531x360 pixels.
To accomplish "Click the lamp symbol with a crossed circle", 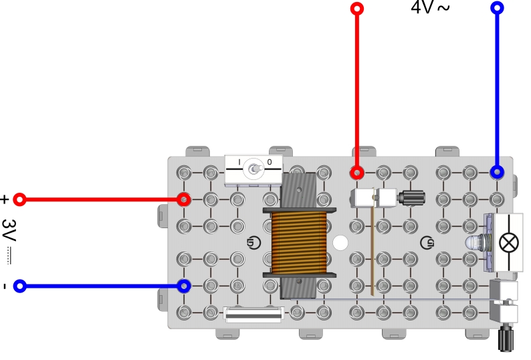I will [509, 242].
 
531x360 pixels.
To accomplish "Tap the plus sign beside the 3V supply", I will [5, 199].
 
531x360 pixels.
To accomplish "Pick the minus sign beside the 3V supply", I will [5, 286].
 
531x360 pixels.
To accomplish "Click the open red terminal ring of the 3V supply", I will [20, 199].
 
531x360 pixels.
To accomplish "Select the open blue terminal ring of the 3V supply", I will [20, 286].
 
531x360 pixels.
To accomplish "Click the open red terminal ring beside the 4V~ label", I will [357, 9].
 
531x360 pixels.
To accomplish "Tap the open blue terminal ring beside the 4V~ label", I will [497, 8].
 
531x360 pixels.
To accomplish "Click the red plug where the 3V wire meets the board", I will [183, 199].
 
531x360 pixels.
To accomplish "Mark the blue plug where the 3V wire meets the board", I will [184, 286].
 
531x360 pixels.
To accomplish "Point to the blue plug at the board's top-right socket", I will [497, 172].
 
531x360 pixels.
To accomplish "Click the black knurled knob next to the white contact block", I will [409, 197].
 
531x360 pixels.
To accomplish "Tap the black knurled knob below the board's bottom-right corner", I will [506, 337].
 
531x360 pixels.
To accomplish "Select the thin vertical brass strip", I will [370, 251].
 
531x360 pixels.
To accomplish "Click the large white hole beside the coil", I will [341, 242].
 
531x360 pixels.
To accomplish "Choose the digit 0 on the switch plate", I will [270, 162].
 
